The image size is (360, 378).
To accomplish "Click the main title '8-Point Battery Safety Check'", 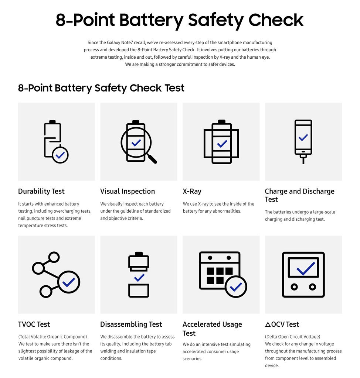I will click(180, 20).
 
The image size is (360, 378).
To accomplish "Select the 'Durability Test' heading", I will click(41, 191).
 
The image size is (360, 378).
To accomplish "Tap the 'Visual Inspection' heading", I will click(128, 191).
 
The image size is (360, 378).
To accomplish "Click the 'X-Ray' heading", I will click(192, 191).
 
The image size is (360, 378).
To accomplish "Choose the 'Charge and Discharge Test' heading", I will click(299, 195).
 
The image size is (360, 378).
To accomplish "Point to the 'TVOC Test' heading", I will click(34, 324).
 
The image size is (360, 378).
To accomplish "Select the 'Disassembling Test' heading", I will click(131, 324).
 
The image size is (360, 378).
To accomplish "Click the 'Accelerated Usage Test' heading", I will click(212, 328).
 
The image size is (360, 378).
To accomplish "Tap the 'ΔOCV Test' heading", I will click(282, 324).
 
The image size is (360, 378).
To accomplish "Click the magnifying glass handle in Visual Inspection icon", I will click(152, 159).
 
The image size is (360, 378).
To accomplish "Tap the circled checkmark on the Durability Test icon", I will click(60, 155).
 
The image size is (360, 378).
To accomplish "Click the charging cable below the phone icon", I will click(303, 159).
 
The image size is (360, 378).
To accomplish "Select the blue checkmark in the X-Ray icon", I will click(222, 144).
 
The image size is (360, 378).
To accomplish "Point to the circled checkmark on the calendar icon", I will click(236, 286).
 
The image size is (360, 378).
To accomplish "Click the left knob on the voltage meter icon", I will click(294, 286).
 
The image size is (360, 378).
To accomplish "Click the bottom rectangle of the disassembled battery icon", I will click(139, 291).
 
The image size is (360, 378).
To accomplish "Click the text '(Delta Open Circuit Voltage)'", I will click(292, 337).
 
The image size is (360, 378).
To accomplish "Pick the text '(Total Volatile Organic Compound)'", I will click(52, 337).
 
